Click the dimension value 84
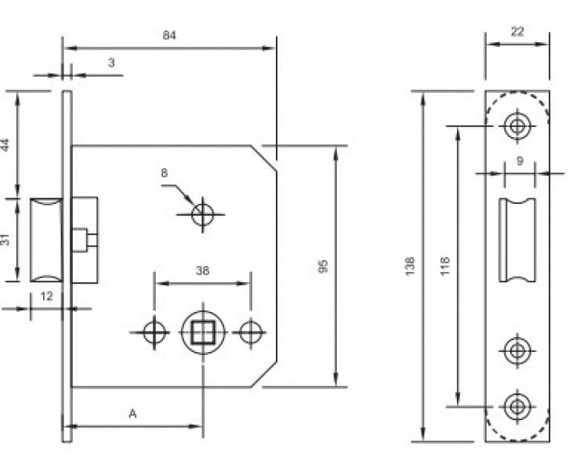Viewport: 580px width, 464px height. (169, 35)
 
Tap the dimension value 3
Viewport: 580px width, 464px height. (111, 62)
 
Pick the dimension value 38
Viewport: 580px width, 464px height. (201, 270)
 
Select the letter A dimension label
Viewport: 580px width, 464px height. (132, 413)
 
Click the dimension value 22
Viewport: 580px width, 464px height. (517, 31)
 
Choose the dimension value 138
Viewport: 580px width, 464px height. (411, 266)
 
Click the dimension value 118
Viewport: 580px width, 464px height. (444, 266)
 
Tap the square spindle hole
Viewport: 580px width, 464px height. (203, 332)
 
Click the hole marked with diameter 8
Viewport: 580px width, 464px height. (203, 213)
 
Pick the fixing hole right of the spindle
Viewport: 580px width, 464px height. (251, 332)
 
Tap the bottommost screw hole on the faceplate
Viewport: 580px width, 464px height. (516, 406)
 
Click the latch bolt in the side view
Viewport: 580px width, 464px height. (45, 240)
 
